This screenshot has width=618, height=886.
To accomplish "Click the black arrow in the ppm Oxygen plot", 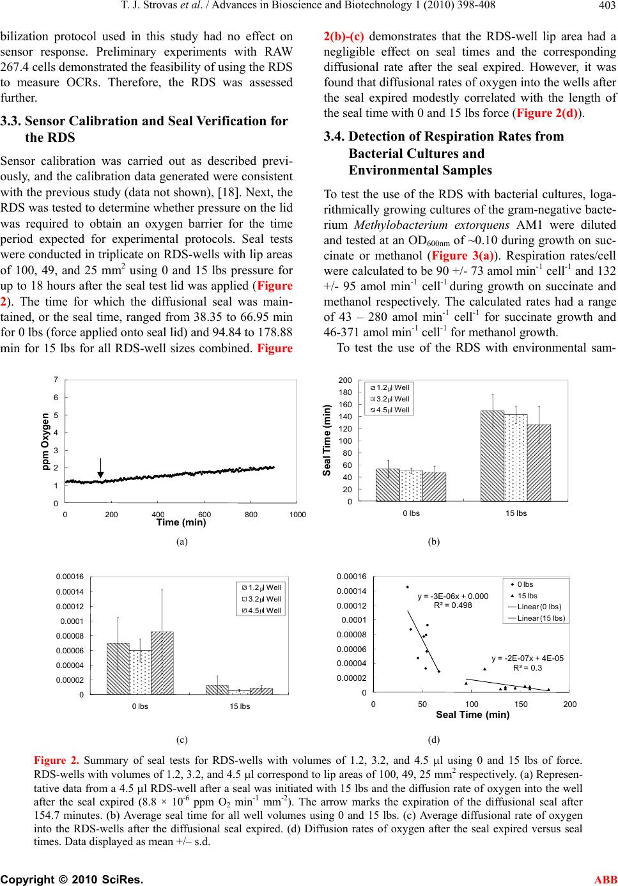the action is tap(100, 468).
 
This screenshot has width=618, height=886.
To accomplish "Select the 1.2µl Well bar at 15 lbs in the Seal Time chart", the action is tap(492, 456).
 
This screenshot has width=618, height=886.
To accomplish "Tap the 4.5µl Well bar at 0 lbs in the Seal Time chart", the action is tap(434, 486).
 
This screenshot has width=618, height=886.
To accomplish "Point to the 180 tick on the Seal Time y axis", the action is tap(344, 392).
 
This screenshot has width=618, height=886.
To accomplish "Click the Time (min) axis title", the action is tap(181, 522).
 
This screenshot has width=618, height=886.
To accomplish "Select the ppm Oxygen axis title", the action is tap(45, 442).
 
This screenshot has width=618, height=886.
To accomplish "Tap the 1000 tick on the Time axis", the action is tap(297, 515).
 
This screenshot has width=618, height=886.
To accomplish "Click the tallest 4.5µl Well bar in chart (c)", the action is tap(162, 662).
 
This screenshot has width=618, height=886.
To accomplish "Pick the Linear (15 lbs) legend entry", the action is tap(536, 618).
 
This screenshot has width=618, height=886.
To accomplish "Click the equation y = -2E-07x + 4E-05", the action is tap(527, 658).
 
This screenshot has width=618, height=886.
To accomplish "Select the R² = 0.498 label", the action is tap(452, 605).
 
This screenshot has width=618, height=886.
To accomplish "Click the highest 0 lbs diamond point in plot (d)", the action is tap(407, 587).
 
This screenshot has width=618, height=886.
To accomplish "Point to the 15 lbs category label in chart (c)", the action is tap(240, 706).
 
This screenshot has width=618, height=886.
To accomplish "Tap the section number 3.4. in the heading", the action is tap(334, 136).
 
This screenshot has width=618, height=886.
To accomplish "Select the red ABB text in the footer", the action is tap(605, 879).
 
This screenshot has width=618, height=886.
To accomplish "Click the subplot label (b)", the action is tap(434, 541).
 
